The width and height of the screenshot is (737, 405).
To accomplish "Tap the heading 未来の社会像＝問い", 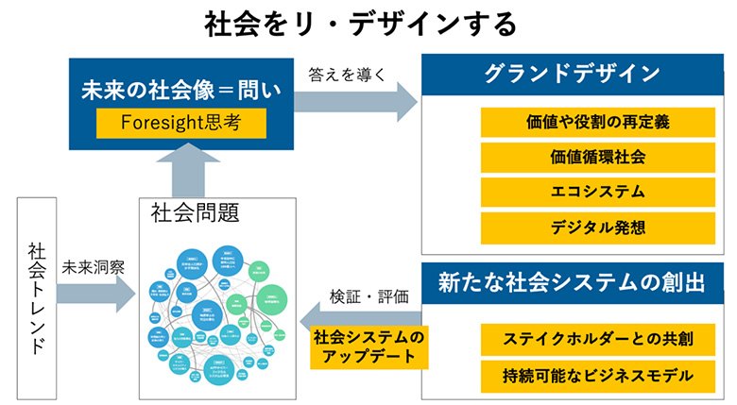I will [180, 92].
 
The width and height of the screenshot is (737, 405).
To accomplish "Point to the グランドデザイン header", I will [571, 75].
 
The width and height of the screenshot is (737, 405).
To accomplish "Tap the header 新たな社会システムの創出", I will [571, 281].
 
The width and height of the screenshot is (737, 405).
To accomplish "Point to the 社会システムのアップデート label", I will [369, 346].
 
